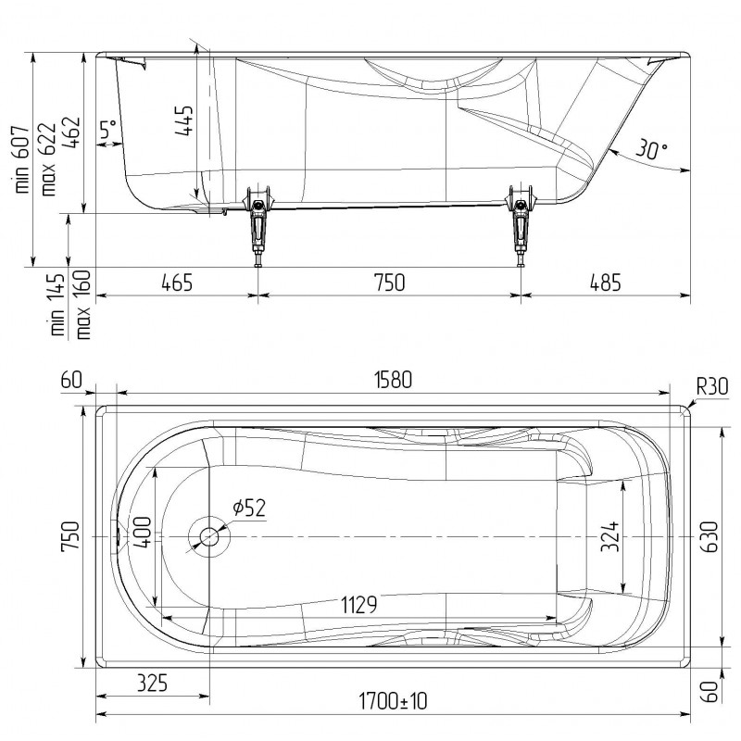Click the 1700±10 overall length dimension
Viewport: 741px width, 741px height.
click(x=393, y=701)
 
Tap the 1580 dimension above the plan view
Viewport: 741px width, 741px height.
click(x=393, y=380)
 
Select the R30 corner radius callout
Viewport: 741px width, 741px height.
click(x=712, y=387)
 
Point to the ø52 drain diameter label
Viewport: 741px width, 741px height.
click(x=249, y=508)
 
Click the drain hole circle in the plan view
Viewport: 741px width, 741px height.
click(x=209, y=537)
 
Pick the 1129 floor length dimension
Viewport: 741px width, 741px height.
click(x=359, y=605)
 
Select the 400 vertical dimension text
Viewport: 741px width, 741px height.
click(x=143, y=533)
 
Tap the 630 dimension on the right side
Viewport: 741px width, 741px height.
click(x=710, y=537)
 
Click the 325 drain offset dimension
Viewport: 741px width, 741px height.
click(x=152, y=684)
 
